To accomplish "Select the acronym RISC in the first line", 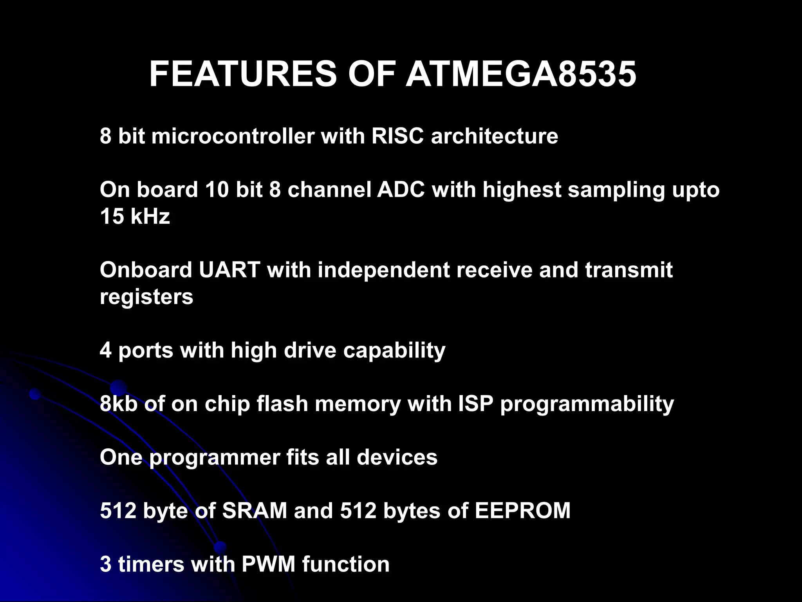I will pyautogui.click(x=397, y=136).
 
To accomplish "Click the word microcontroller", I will pyautogui.click(x=233, y=136).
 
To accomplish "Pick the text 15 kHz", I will pyautogui.click(x=135, y=216).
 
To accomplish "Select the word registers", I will pyautogui.click(x=146, y=297).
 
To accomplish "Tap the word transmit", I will pyautogui.click(x=629, y=270).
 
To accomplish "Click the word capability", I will pyautogui.click(x=394, y=350).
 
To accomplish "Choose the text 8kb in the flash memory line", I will pyautogui.click(x=118, y=404).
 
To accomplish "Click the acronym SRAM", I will pyautogui.click(x=255, y=511).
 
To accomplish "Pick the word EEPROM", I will pyautogui.click(x=523, y=511).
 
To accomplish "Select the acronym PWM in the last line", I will pyautogui.click(x=268, y=564).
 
